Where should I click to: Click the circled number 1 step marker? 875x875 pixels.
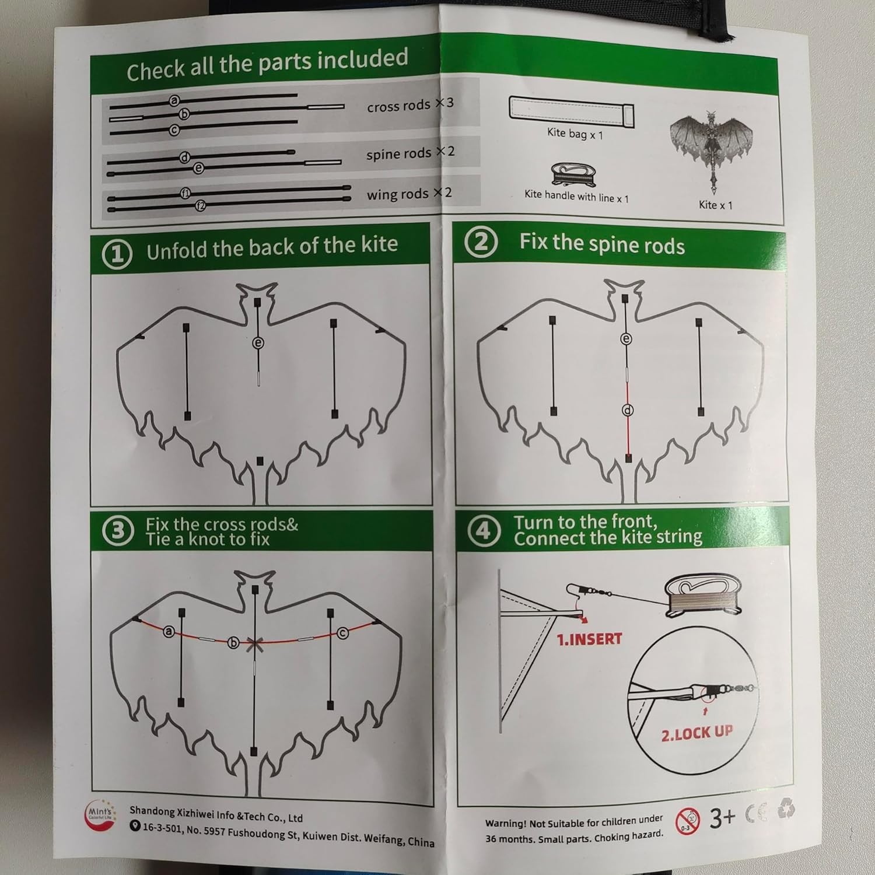pos(117,254)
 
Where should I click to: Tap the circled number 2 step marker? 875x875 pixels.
pos(481,243)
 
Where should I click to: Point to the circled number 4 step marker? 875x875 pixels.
pos(484,531)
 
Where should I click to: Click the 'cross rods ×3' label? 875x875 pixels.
pos(410,105)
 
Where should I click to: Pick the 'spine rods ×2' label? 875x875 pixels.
pos(410,153)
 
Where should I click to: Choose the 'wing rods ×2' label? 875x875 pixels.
pos(409,194)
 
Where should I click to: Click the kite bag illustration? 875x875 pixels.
pos(571,110)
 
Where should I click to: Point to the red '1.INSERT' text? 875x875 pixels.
pos(589,639)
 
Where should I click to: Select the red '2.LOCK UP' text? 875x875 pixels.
pos(696,733)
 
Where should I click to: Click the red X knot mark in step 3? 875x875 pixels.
pos(254,645)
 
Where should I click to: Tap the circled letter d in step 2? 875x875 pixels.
pos(628,411)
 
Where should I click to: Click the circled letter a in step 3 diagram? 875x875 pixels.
pos(169,631)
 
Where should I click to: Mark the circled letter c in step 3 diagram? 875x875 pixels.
pos(342,633)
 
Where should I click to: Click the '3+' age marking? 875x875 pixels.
pos(722,818)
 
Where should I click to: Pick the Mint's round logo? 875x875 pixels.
pos(101,815)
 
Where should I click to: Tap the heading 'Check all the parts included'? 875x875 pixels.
pos(267,65)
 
